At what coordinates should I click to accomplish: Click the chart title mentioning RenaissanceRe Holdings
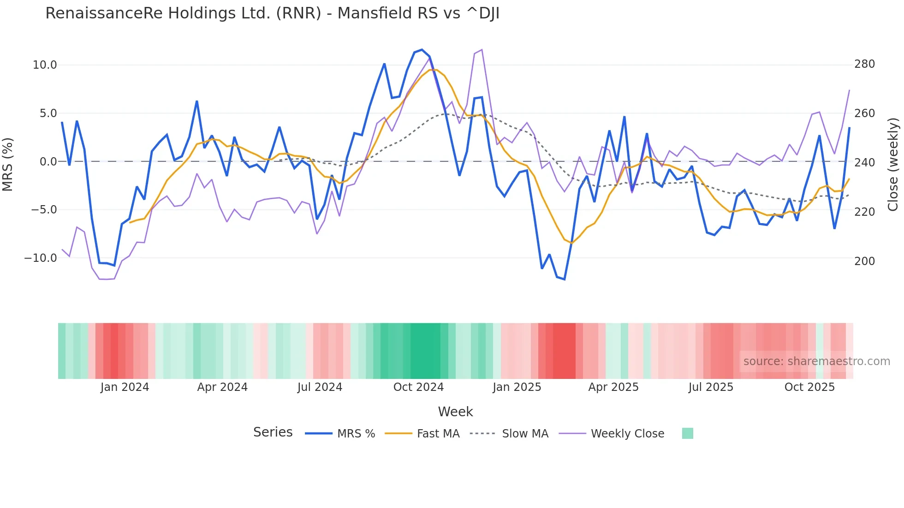pyautogui.click(x=272, y=13)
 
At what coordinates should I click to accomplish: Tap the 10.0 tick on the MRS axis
pyautogui.click(x=45, y=65)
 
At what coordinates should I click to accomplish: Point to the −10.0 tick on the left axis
pyautogui.click(x=41, y=258)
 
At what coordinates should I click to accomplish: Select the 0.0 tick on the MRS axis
pyautogui.click(x=48, y=162)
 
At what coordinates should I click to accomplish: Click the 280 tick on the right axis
pyautogui.click(x=864, y=64)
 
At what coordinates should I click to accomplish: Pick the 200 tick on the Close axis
pyautogui.click(x=864, y=261)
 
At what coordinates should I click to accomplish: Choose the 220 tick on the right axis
pyautogui.click(x=864, y=212)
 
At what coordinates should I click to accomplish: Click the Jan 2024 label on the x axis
pyautogui.click(x=125, y=387)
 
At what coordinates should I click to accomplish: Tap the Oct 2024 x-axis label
pyautogui.click(x=418, y=387)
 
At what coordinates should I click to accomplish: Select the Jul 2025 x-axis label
pyautogui.click(x=711, y=387)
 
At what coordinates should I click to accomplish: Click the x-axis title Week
pyautogui.click(x=455, y=412)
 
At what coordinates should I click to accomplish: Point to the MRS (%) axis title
pyautogui.click(x=8, y=164)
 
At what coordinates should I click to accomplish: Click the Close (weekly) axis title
pyautogui.click(x=893, y=164)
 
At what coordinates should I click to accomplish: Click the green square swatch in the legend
pyautogui.click(x=687, y=433)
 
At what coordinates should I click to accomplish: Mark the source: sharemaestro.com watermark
pyautogui.click(x=816, y=361)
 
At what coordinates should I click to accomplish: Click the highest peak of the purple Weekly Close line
pyautogui.click(x=482, y=49)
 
